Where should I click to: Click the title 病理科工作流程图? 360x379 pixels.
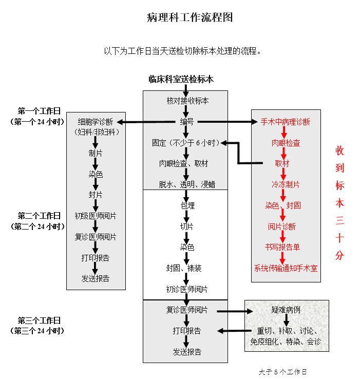click(190, 18)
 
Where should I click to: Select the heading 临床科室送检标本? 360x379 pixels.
click(181, 80)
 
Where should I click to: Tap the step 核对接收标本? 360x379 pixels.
click(187, 101)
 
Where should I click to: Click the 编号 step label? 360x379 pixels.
click(187, 122)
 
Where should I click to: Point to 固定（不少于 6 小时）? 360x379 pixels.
click(185, 143)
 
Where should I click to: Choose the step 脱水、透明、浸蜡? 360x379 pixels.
click(187, 184)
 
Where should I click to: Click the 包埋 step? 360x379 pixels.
click(187, 205)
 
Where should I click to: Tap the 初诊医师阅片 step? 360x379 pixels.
click(187, 289)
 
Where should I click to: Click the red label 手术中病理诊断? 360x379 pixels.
click(286, 122)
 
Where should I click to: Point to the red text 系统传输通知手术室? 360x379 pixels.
click(286, 268)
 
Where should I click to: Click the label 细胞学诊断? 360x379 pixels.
click(96, 122)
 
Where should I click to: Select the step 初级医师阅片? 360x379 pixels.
click(96, 216)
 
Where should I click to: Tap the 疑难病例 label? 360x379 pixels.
click(286, 310)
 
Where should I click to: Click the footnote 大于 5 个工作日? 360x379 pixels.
click(283, 371)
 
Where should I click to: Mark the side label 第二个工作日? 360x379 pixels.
click(39, 216)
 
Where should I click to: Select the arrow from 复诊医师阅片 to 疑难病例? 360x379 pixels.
click(234, 311)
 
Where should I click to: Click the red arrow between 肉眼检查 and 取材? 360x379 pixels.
click(283, 154)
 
